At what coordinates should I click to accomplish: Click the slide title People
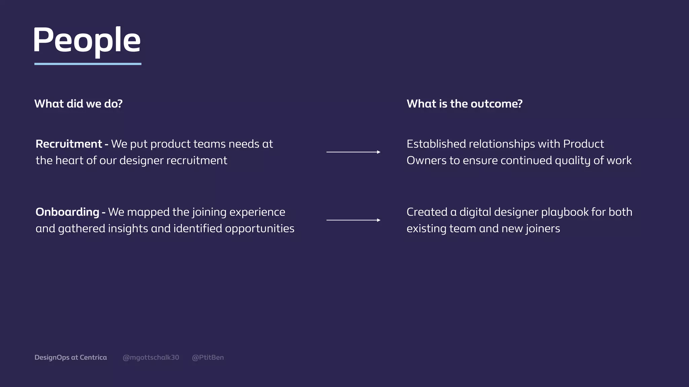[86, 40]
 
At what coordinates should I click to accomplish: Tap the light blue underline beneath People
[88, 64]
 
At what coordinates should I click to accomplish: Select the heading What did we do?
[78, 104]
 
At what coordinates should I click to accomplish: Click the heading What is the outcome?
[464, 104]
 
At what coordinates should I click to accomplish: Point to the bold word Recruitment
[69, 144]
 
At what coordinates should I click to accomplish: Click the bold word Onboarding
[67, 212]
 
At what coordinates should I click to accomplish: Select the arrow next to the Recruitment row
[353, 152]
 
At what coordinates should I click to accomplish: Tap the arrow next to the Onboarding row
[353, 220]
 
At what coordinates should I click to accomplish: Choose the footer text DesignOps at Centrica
[71, 357]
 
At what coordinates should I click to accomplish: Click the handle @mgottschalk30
[151, 357]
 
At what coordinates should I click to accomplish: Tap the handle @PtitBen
[208, 357]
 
